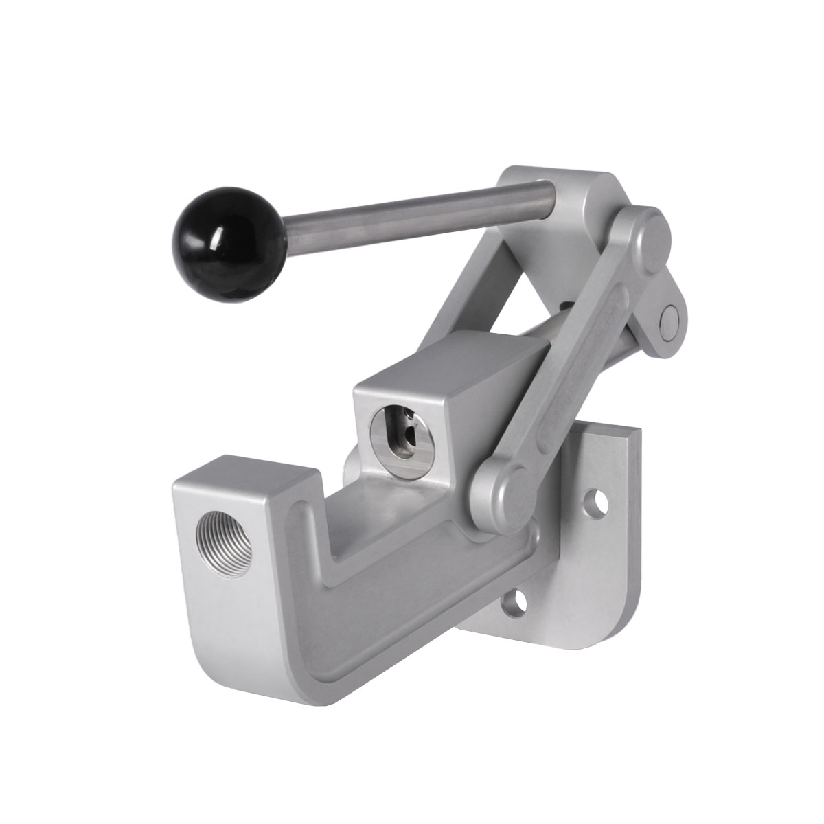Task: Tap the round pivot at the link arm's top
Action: pos(645,233)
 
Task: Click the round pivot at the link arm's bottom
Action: pos(501,489)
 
